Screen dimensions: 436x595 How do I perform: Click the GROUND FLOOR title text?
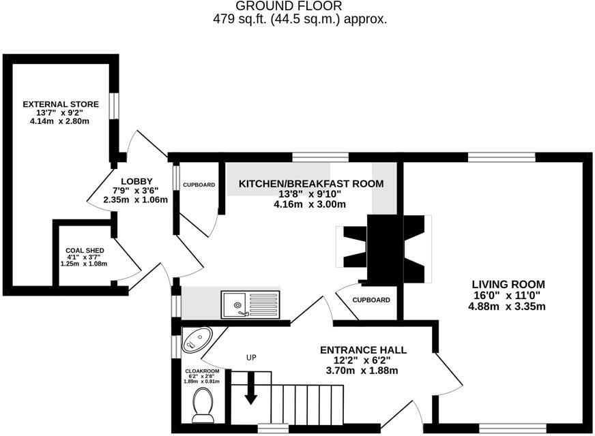[x=299, y=6]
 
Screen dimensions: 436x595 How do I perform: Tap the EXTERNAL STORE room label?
[x=61, y=104]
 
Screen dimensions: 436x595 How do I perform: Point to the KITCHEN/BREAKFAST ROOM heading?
[x=310, y=183]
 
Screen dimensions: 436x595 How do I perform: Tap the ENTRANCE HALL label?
[x=363, y=350]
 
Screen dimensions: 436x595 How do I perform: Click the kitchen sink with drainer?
[x=250, y=303]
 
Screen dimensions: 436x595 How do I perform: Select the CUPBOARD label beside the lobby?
[x=199, y=185]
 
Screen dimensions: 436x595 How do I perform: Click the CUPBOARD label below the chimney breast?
[x=371, y=300]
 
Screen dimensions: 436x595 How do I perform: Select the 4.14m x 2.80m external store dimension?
[x=61, y=121]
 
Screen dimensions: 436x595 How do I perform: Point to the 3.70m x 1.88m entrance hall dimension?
[x=363, y=371]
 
